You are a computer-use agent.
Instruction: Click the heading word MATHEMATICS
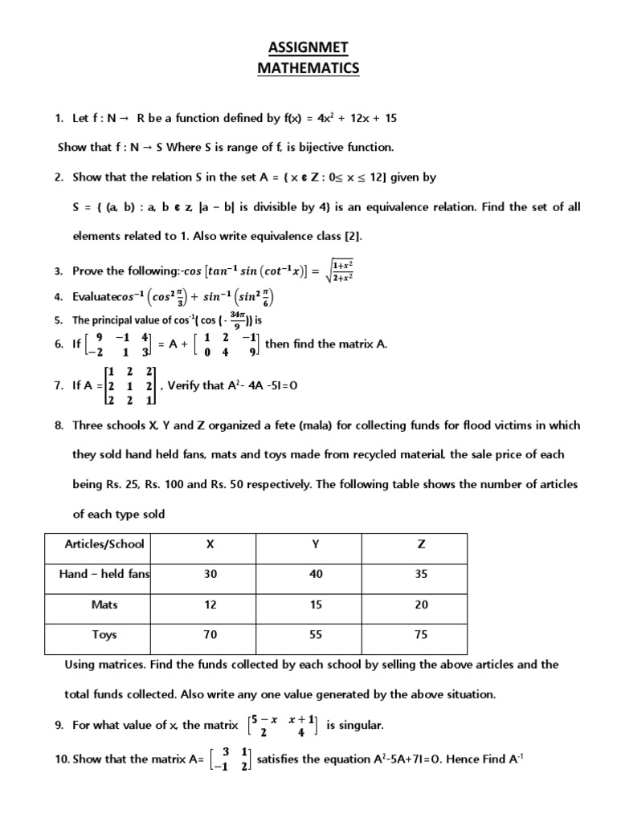308,69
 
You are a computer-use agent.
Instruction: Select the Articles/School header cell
104,544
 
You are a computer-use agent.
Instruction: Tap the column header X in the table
210,544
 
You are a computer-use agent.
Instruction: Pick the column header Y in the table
316,544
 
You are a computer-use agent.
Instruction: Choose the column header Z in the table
421,544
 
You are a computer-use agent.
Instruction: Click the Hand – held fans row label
104,575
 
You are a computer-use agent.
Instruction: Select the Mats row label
104,605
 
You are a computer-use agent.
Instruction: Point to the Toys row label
104,635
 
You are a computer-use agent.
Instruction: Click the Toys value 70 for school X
210,635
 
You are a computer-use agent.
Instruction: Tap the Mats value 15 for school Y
316,605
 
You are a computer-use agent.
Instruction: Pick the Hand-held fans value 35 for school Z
421,575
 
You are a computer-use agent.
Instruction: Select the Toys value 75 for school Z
421,635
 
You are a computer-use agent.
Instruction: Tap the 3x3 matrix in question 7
131,385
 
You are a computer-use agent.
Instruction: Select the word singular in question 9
362,726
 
